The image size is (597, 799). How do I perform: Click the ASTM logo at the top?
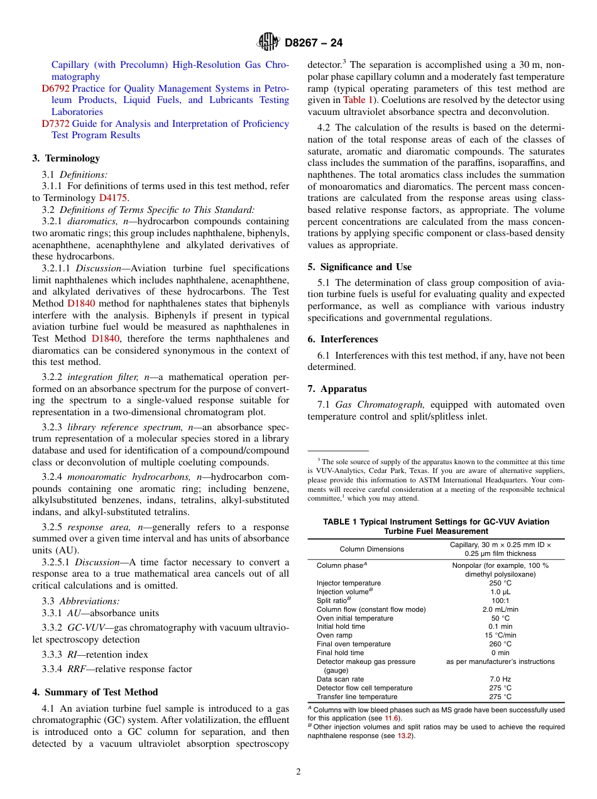pyautogui.click(x=268, y=43)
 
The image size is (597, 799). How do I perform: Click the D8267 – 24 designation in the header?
pyautogui.click(x=314, y=43)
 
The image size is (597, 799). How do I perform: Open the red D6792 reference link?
pyautogui.click(x=55, y=89)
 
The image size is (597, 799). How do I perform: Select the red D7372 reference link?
pyautogui.click(x=55, y=124)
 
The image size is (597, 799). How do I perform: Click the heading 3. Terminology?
pyautogui.click(x=66, y=158)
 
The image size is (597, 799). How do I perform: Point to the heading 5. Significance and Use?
pyautogui.click(x=359, y=267)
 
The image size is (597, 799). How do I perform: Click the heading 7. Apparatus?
pyautogui.click(x=337, y=389)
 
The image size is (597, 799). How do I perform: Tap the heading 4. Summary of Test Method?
pyautogui.click(x=95, y=692)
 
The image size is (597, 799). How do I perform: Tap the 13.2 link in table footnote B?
pyautogui.click(x=403, y=736)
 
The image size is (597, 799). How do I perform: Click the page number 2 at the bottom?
pyautogui.click(x=298, y=772)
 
